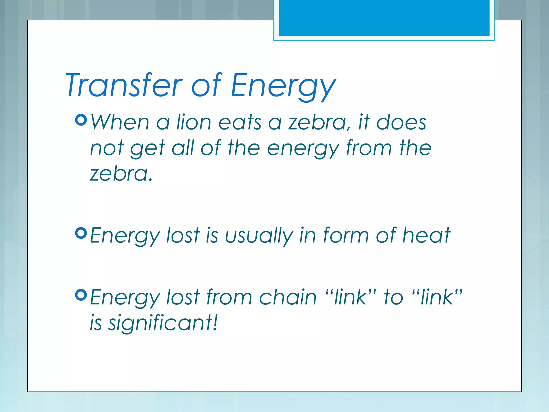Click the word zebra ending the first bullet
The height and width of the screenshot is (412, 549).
point(120,174)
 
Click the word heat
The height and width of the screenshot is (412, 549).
point(426,235)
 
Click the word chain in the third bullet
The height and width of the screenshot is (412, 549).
point(288,297)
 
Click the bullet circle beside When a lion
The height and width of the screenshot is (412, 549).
point(81,120)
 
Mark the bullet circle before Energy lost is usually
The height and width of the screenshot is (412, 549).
point(81,233)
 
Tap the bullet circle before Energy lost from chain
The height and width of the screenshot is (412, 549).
point(81,295)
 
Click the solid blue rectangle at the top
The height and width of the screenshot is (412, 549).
point(384,18)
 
